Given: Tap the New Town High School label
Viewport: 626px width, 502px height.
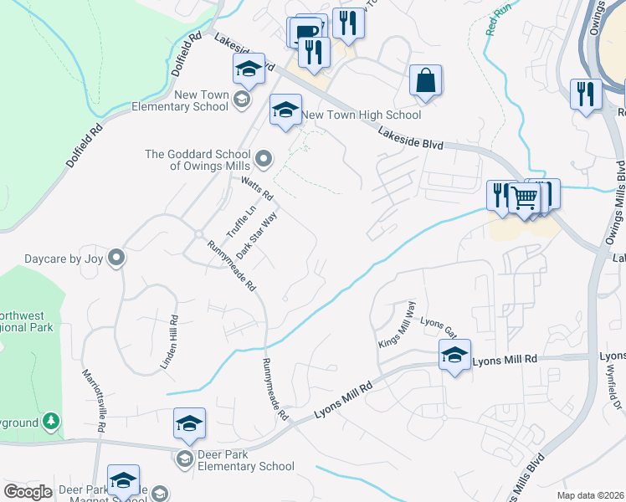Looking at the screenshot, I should (361, 115).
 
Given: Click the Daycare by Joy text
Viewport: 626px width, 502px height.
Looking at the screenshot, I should (52, 259).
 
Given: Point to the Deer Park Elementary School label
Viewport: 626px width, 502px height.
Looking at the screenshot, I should (246, 466).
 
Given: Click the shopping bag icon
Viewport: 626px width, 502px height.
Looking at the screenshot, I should (425, 82).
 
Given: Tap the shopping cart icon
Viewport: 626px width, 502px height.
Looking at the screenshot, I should (525, 199).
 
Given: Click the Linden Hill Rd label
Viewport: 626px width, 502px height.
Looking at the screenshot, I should (170, 342).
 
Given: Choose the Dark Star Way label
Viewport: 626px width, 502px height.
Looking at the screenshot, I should (256, 235).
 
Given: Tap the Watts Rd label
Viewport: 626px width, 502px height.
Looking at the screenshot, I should (257, 188).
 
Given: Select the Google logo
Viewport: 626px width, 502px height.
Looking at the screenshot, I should (28, 492).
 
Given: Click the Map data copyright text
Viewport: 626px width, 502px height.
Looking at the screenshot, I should (591, 495).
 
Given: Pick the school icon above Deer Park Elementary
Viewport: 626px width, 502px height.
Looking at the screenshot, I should (189, 423).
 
